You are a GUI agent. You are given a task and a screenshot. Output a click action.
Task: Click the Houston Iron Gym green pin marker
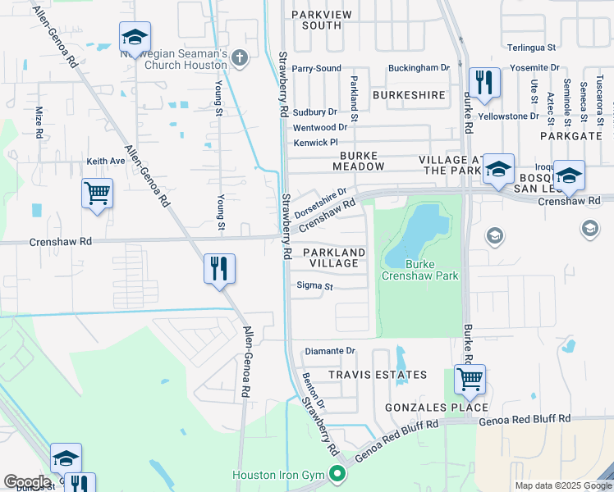pyautogui.click(x=337, y=473)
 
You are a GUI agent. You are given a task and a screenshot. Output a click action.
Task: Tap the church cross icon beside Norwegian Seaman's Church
pyautogui.click(x=239, y=57)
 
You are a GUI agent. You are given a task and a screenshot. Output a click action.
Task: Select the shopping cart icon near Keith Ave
pyautogui.click(x=97, y=194)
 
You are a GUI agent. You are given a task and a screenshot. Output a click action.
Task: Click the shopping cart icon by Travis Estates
pyautogui.click(x=470, y=379)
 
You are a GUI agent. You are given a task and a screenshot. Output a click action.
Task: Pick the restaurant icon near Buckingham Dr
pyautogui.click(x=483, y=82)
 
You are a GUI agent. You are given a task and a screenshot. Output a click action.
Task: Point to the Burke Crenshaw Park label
pyautogui.click(x=419, y=270)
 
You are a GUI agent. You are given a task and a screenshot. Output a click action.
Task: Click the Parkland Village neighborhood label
pyautogui.click(x=333, y=257)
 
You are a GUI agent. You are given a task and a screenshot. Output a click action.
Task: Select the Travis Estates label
pyautogui.click(x=378, y=375)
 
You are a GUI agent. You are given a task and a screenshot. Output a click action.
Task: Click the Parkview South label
pyautogui.click(x=310, y=20)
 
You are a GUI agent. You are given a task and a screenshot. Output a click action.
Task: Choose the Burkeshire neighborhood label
pyautogui.click(x=409, y=95)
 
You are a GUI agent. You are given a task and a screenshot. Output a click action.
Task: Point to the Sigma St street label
pyautogui.click(x=315, y=287)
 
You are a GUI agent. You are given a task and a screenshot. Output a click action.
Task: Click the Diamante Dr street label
pyautogui.click(x=330, y=351)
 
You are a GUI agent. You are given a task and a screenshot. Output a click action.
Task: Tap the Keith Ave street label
pyautogui.click(x=106, y=162)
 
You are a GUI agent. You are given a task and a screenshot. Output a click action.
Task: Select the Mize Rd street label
pyautogui.click(x=39, y=121)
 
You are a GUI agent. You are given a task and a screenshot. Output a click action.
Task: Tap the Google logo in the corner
pyautogui.click(x=27, y=482)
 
